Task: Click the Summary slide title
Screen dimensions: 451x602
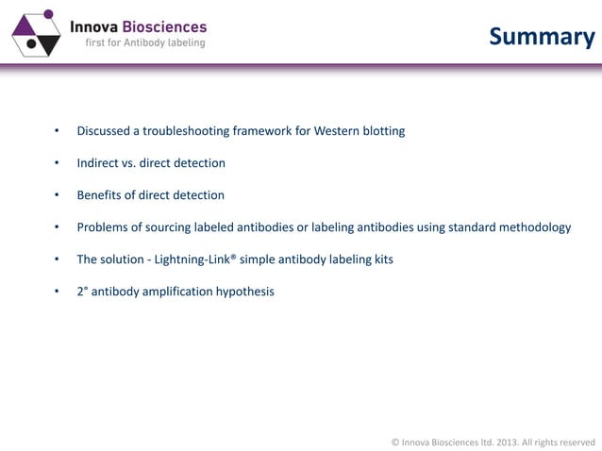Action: point(542,37)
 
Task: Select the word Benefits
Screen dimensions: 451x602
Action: point(101,195)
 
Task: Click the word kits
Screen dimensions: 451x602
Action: point(381,259)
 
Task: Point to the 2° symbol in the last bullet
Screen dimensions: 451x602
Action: point(82,292)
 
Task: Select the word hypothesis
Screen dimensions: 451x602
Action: point(244,292)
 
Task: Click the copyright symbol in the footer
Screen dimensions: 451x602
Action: point(395,441)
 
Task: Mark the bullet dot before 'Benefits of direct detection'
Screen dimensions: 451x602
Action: point(57,195)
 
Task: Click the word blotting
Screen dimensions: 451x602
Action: point(384,131)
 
